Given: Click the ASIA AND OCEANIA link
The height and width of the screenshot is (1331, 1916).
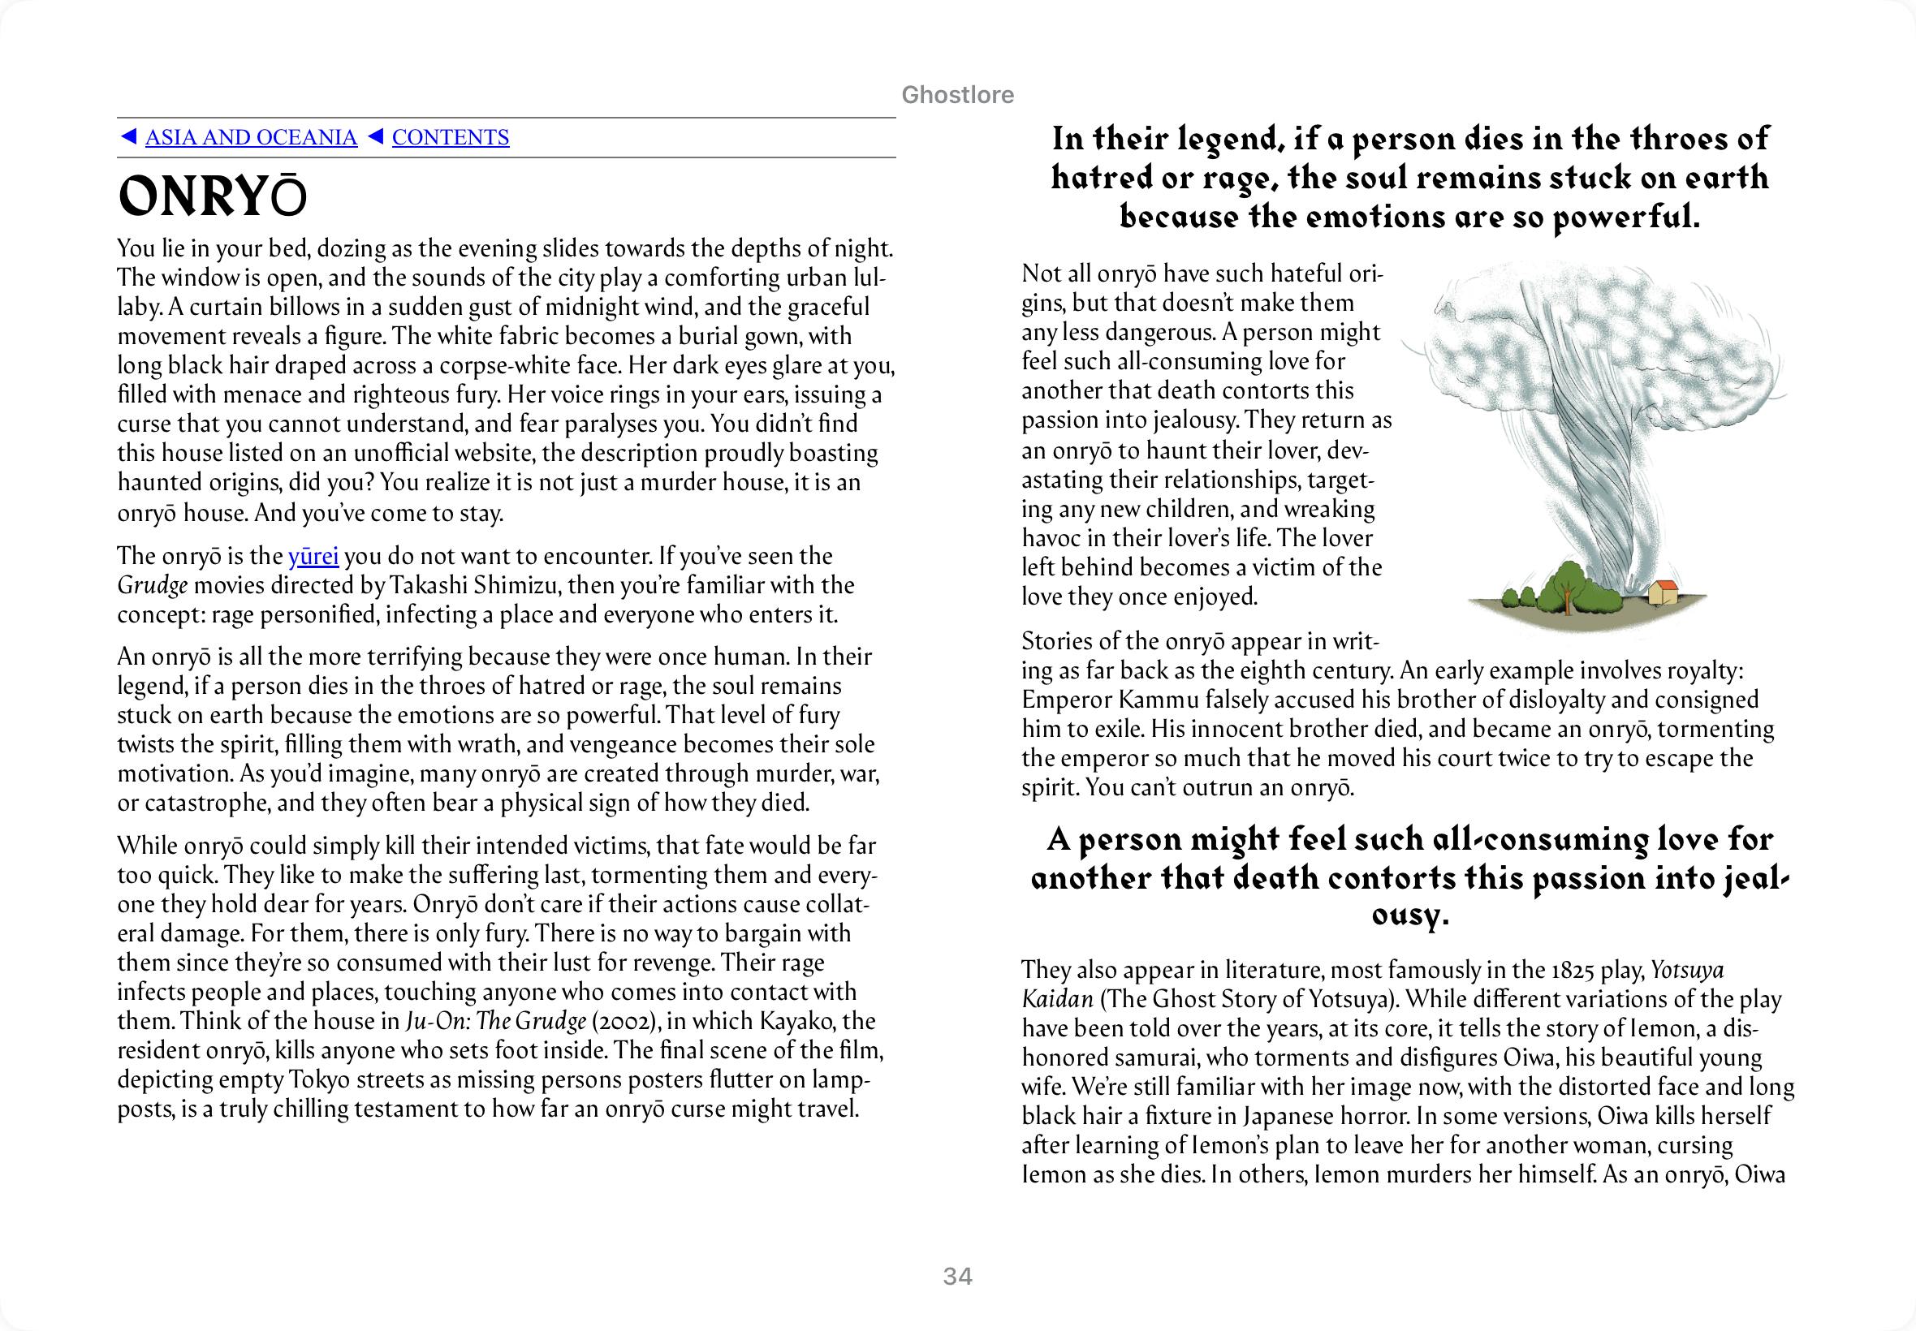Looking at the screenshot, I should (x=250, y=138).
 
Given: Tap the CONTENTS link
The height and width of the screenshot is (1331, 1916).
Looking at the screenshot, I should (x=451, y=138).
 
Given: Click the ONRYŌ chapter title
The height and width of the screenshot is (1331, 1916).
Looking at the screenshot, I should (x=213, y=199).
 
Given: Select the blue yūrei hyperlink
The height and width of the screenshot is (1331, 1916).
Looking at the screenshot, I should (x=313, y=556).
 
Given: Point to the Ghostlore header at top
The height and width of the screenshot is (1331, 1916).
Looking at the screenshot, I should (x=957, y=95).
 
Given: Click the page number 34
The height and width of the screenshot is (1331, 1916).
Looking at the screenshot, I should (x=957, y=1277).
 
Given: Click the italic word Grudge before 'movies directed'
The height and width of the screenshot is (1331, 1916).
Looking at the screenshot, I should (x=152, y=585).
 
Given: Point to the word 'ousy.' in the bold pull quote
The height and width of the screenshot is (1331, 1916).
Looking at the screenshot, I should (x=1410, y=915).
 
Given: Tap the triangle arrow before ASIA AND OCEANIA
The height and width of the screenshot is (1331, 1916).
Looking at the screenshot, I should (x=128, y=137).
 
